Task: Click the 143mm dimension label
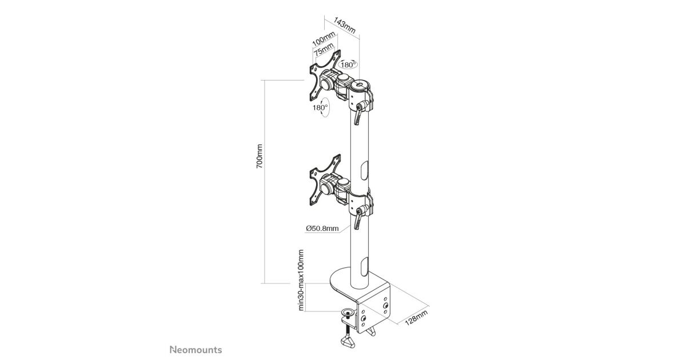click(x=345, y=25)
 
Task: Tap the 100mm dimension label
click(x=324, y=38)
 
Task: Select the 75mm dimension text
click(x=324, y=49)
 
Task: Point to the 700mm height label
click(x=259, y=156)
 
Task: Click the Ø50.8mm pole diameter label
click(x=322, y=229)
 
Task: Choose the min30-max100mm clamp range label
click(x=301, y=281)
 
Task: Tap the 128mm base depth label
click(x=416, y=317)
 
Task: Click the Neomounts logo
click(x=196, y=350)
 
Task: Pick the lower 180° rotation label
click(x=320, y=108)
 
